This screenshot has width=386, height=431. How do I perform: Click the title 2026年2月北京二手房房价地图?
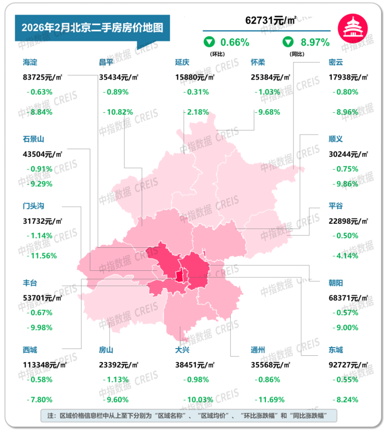89,27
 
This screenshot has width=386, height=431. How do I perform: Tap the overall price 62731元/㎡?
271,20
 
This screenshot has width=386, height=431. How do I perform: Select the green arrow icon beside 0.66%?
208,42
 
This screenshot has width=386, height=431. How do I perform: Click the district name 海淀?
30,62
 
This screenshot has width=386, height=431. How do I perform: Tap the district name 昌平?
106,62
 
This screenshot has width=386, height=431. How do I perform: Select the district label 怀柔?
258,62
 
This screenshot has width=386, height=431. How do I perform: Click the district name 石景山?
34,139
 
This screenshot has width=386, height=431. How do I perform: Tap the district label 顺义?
336,139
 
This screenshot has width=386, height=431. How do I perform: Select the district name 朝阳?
336,283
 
